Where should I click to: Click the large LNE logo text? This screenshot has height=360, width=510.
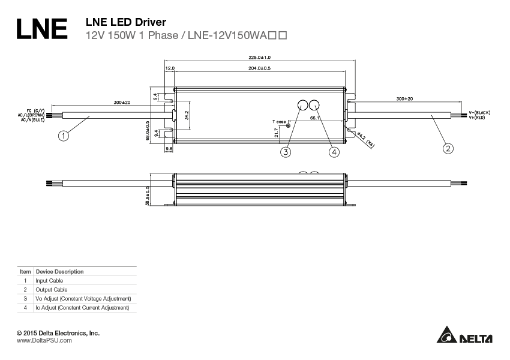(x=41, y=28)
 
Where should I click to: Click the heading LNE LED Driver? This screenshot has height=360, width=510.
(x=127, y=22)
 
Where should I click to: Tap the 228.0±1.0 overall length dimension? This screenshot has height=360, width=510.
(x=260, y=58)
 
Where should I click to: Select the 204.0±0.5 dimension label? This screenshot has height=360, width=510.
(x=259, y=68)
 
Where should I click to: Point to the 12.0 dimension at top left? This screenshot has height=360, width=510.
(x=170, y=68)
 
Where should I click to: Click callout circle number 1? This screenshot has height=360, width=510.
(x=64, y=136)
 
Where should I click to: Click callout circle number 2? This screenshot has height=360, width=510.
(x=448, y=148)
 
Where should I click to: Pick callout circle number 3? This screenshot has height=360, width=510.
(x=286, y=152)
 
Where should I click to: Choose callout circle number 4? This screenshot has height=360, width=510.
(x=334, y=152)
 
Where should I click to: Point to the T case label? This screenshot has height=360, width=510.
(x=279, y=122)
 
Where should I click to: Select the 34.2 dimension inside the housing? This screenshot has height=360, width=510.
(x=187, y=115)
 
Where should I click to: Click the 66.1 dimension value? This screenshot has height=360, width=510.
(x=314, y=118)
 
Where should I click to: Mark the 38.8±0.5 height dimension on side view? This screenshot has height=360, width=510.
(x=148, y=195)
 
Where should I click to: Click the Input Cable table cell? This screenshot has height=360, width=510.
(x=49, y=280)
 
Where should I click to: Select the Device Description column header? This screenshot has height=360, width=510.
(x=59, y=271)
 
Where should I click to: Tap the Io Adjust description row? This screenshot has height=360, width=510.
(x=82, y=308)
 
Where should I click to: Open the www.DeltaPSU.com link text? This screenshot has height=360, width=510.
(x=44, y=340)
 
